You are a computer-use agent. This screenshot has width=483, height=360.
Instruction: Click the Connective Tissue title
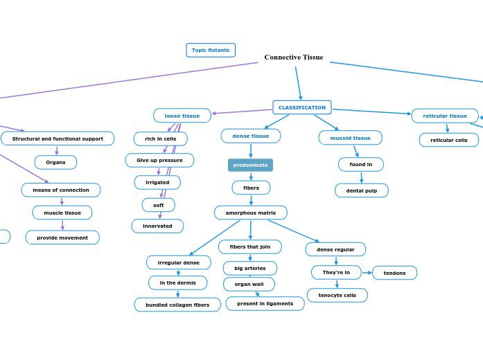tap(293, 57)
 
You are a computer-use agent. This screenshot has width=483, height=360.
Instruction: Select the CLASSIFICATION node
tap(301, 107)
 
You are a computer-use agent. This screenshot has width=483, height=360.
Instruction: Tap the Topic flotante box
tap(211, 50)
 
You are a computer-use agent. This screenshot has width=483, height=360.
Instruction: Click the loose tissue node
tap(182, 116)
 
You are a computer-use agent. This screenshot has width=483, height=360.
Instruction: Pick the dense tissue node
tap(251, 136)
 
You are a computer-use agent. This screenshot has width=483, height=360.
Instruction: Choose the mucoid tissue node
tap(350, 138)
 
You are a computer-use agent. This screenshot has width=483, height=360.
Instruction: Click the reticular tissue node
tap(445, 116)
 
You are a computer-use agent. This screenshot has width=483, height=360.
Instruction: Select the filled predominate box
tap(250, 165)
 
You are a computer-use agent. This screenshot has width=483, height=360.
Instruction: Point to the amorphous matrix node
tap(251, 213)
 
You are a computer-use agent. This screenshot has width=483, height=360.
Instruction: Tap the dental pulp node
tap(362, 190)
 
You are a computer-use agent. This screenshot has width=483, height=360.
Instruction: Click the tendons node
tap(394, 273)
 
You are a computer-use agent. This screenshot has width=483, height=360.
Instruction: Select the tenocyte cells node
tap(337, 296)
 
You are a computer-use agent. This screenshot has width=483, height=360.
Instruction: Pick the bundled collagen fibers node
tap(177, 305)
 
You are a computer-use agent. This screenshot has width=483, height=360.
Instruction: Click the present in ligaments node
tap(265, 303)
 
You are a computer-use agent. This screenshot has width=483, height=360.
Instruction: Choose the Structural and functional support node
tap(58, 138)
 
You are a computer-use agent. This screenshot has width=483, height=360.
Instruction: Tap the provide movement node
tap(62, 237)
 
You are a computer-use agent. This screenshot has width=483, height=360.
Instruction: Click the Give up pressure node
tap(159, 160)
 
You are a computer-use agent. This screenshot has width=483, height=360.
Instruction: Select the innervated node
tap(157, 226)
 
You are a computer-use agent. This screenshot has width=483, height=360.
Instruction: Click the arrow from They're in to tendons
tap(367, 273)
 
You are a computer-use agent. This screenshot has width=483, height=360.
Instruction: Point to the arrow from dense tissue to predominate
tap(251, 151)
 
